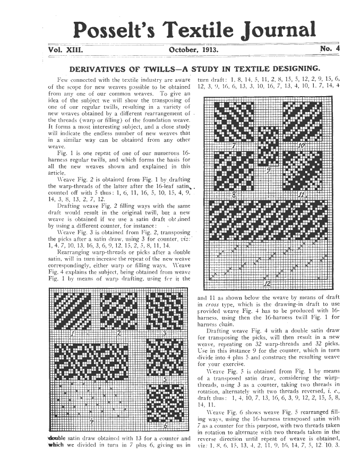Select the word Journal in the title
pos(277,29)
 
